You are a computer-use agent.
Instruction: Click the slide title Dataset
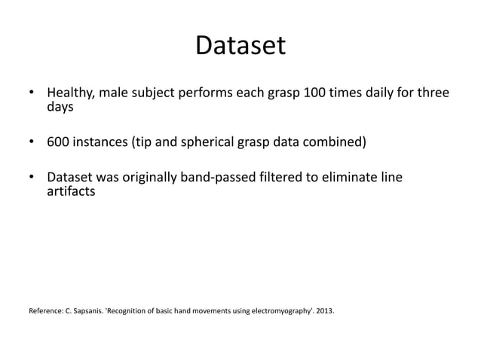click(x=240, y=47)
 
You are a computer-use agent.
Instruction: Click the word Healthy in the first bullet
click(x=72, y=94)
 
